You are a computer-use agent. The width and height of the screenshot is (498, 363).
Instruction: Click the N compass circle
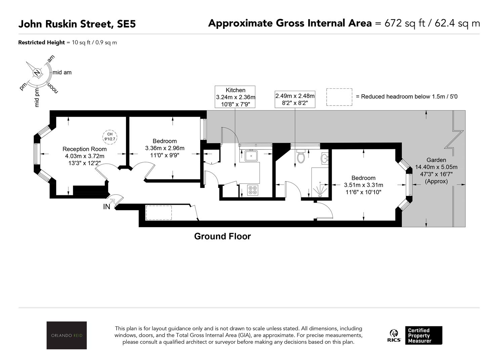point(37,73)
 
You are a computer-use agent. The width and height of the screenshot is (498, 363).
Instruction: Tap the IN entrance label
point(107,207)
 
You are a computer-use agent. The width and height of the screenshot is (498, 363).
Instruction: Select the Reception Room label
point(84,149)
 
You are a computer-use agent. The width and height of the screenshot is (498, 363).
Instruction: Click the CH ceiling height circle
point(110,137)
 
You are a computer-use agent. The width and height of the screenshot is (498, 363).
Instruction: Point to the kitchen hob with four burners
point(253,190)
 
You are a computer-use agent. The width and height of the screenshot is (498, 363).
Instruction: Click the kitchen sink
point(251,156)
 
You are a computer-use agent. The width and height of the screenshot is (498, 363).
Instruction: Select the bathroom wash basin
point(325,159)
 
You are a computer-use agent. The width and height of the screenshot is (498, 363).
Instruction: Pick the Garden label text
point(436,160)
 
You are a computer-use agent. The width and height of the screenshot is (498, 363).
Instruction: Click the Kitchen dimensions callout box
point(235,97)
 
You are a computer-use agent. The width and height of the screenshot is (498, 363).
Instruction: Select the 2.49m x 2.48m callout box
point(295,99)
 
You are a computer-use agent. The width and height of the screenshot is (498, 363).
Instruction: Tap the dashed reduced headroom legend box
point(339,97)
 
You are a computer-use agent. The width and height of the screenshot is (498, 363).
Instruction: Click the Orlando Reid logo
point(67,335)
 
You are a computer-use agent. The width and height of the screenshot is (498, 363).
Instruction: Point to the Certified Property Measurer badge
point(423,335)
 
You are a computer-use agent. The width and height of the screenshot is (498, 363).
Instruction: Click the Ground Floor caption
point(222,236)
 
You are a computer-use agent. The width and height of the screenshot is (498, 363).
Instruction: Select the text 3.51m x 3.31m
point(364,185)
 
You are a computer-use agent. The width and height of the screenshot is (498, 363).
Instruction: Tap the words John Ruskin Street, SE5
point(77,24)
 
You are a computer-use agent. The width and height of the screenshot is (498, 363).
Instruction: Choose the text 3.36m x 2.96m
point(165,148)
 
